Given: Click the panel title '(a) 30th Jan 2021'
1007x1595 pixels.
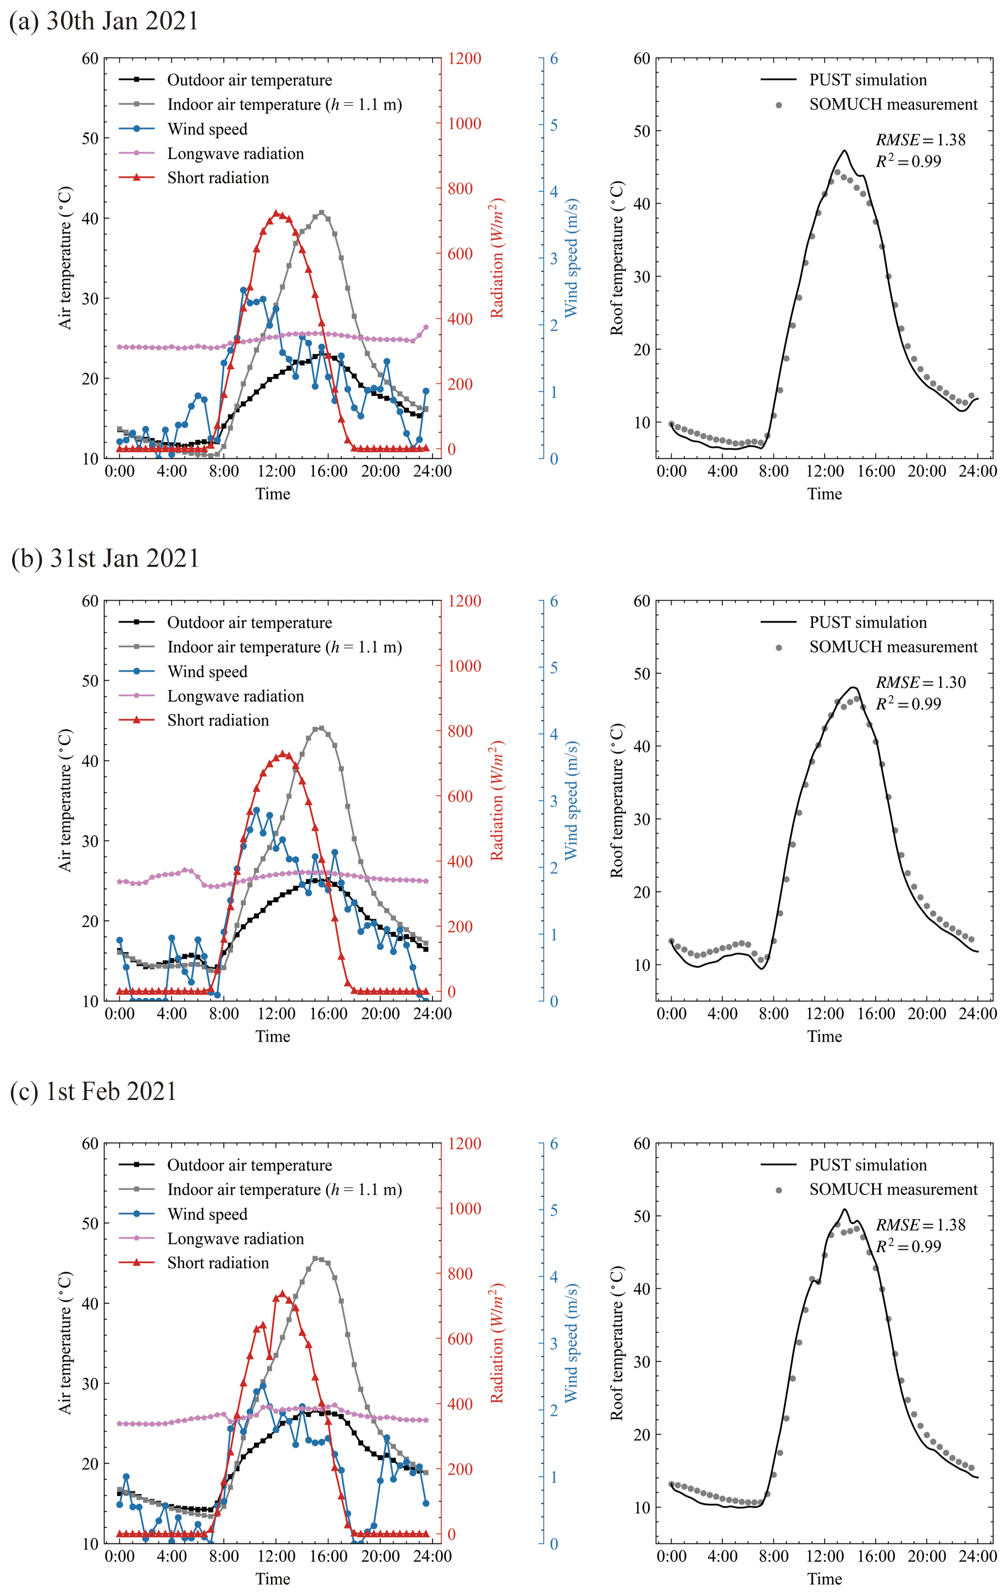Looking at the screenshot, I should (104, 21).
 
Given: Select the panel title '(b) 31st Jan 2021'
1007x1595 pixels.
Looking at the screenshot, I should (106, 558).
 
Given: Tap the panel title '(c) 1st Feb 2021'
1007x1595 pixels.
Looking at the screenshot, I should (93, 1091).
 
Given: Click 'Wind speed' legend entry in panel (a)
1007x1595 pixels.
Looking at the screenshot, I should (207, 129).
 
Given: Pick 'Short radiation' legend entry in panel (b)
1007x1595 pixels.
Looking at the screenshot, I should (218, 720).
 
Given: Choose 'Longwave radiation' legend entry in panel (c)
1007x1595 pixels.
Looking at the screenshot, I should (235, 1238).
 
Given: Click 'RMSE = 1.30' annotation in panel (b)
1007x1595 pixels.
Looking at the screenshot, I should (920, 682).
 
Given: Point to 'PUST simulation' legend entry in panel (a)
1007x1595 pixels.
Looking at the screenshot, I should (868, 80).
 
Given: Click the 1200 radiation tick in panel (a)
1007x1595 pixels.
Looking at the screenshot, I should (464, 59).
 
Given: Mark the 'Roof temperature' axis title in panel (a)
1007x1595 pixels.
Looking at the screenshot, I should (617, 258).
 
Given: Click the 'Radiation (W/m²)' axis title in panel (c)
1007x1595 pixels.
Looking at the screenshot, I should (497, 1343).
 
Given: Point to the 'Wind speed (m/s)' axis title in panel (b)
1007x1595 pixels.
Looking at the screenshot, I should (571, 800).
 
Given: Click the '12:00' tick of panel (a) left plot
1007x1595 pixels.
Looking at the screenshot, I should (276, 471).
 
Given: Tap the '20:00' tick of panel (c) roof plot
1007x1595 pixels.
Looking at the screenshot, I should (927, 1556).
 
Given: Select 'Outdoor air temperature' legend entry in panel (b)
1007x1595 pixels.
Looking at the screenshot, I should (249, 623).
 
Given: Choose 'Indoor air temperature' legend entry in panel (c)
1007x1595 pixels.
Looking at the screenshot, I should (284, 1190).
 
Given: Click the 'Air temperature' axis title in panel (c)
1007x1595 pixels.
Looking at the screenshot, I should (65, 1343).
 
